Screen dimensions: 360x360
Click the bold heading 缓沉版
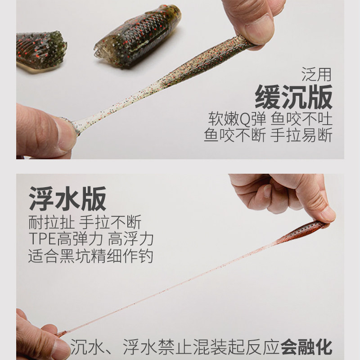click(293, 96)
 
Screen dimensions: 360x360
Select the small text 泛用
click(316, 73)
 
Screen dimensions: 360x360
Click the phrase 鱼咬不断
click(234, 135)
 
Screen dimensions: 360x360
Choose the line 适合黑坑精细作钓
click(90, 256)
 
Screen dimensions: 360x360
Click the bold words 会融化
click(306, 347)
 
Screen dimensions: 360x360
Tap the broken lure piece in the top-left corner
click(40, 49)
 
